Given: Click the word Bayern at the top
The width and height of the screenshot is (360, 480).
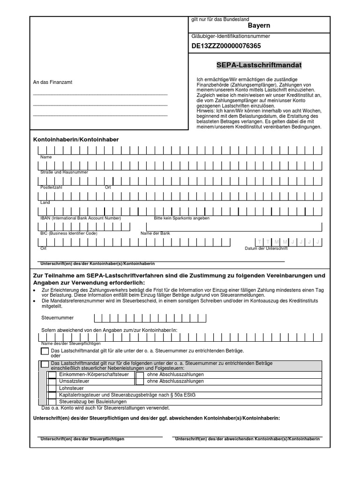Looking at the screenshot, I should coord(259,26).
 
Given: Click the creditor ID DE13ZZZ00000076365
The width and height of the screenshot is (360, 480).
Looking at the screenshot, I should coord(226,46).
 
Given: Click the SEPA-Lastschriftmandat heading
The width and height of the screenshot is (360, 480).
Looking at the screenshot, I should coord(259,65).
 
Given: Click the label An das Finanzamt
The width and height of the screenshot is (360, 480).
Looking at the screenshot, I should coord(52,82).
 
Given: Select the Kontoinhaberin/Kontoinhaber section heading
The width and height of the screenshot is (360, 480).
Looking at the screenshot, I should coord(76,140).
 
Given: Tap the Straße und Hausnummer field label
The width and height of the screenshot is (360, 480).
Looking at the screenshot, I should coord(64,172).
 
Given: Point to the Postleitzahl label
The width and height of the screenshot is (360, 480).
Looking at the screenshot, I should coord(51,187).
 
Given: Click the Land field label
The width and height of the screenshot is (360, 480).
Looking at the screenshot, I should coord(45,202).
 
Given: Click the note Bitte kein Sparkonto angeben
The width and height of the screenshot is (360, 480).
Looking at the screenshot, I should coord(181,218).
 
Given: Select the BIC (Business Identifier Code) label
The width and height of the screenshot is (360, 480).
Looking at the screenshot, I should coord(69,233).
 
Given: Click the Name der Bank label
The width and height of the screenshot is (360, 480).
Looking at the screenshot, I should coord(155,233).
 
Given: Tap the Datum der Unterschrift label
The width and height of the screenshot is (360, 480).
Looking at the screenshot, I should coord(266,248).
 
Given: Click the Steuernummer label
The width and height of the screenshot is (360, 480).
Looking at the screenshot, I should coord(58,318).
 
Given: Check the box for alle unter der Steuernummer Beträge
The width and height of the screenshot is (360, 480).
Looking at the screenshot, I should coord(45,351).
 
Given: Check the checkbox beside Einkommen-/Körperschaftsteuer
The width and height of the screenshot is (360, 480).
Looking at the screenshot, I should coord(52,375).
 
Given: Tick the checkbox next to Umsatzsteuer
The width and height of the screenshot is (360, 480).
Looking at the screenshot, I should coord(52,382).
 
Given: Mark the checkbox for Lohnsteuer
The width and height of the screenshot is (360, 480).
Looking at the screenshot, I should coord(52,389).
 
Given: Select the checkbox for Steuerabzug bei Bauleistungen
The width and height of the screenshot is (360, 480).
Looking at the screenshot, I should coord(52,402).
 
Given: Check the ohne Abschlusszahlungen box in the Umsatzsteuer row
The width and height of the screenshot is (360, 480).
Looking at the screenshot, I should coord(140,382).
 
